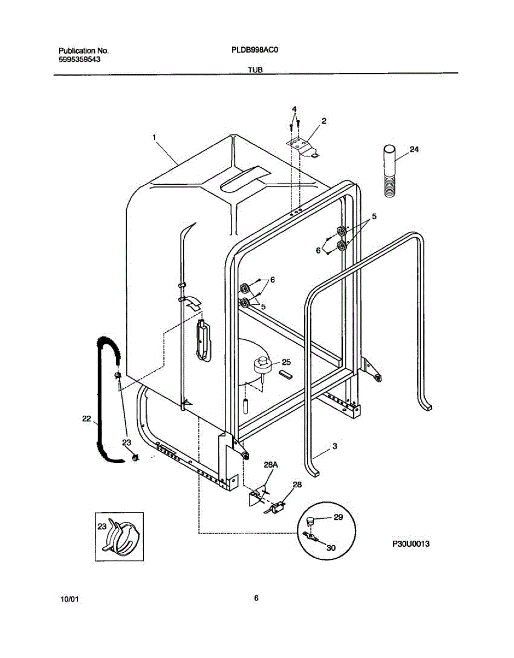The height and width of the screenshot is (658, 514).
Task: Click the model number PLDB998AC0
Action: click(256, 49)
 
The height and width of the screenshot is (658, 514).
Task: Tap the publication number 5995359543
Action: click(79, 59)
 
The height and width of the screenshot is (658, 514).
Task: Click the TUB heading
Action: click(255, 70)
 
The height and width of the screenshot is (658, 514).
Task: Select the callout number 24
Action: click(414, 149)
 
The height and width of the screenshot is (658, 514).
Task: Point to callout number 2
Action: click(324, 121)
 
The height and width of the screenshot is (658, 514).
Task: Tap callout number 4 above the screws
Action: click(295, 109)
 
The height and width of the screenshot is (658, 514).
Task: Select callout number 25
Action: click(286, 362)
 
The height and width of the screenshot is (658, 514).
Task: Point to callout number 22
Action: click(86, 418)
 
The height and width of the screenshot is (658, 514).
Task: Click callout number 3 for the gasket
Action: click(334, 446)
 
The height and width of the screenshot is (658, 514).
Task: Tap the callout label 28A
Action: click(270, 464)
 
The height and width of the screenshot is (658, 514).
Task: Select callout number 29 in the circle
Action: click(337, 518)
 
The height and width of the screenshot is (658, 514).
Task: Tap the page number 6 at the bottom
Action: click(256, 598)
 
